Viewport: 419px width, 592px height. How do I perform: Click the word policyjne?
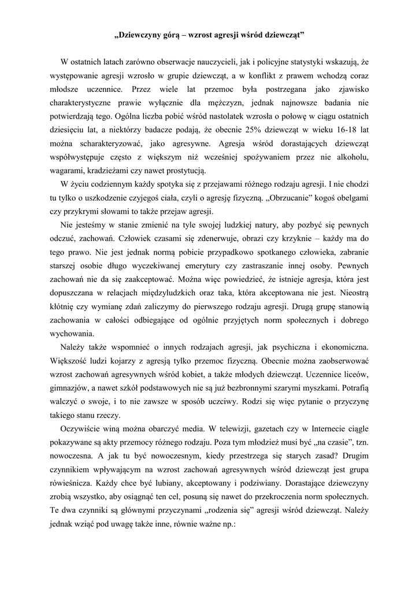coord(281,62)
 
